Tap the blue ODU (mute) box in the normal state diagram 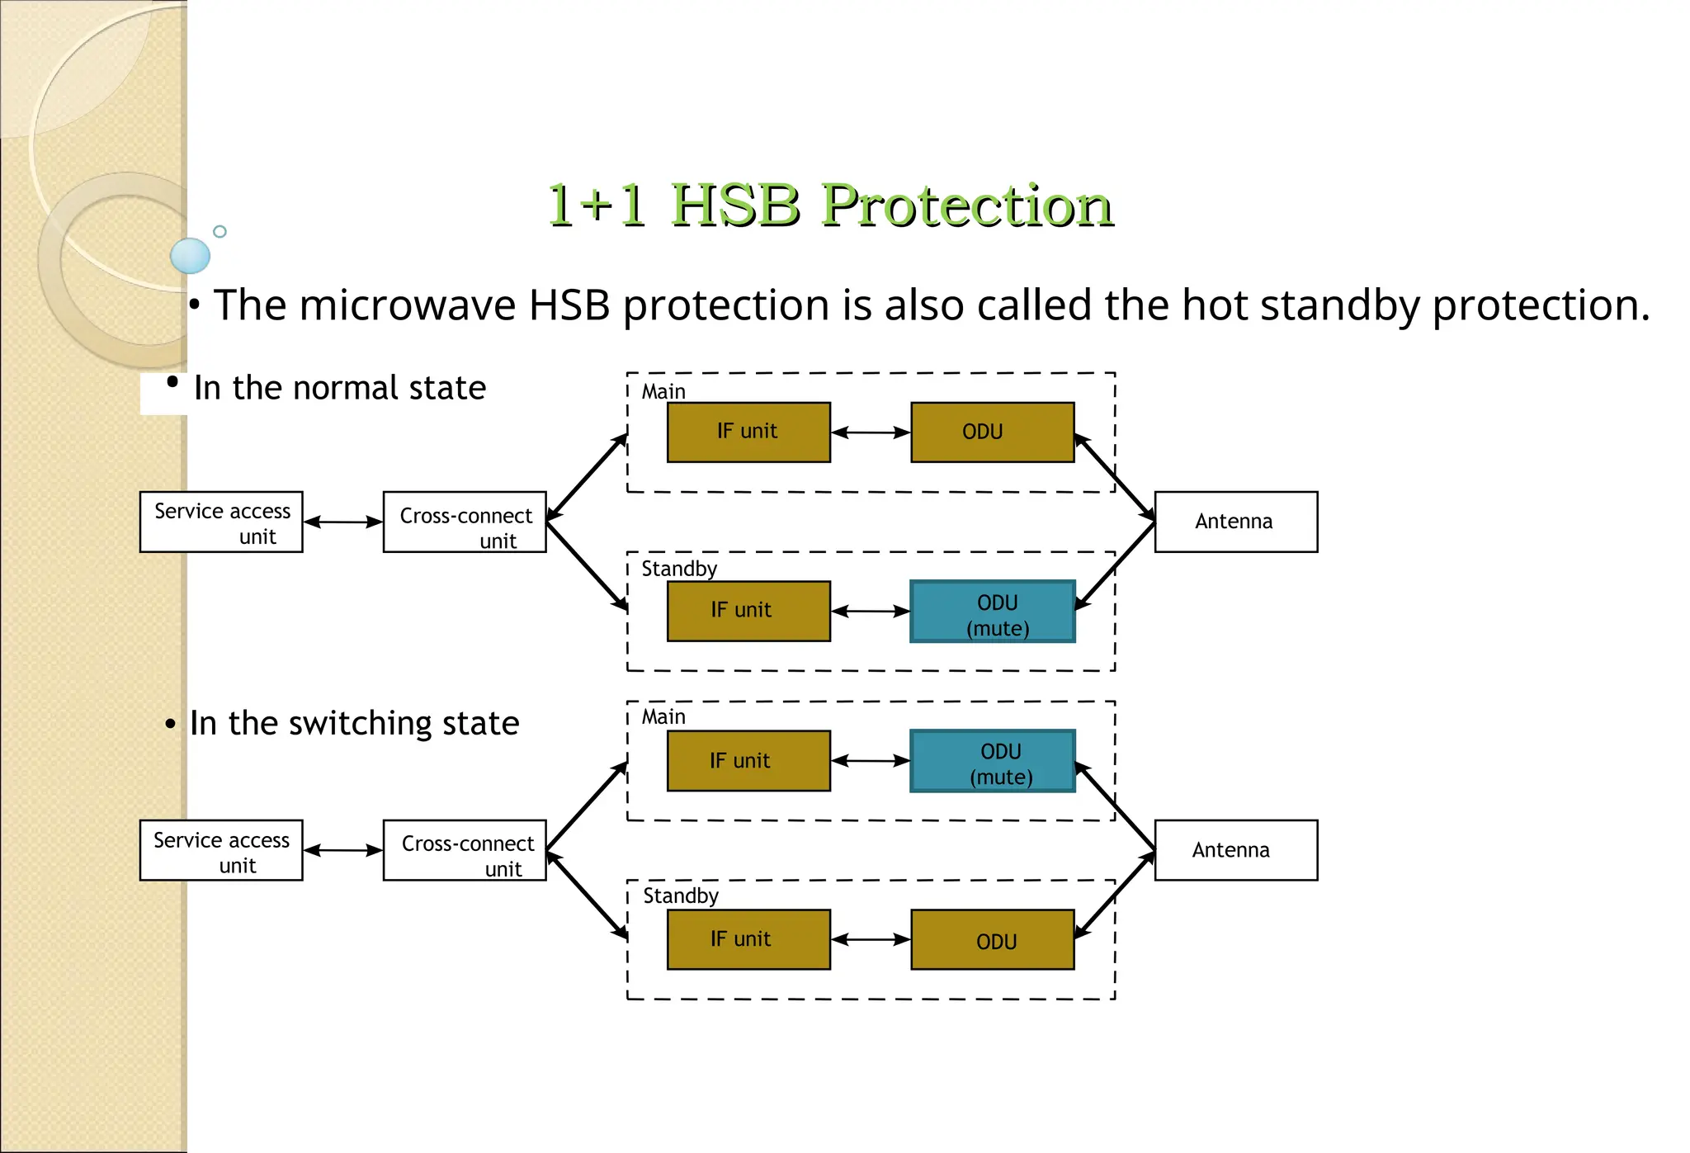993,612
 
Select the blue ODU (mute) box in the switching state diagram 993,761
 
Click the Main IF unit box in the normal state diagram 748,432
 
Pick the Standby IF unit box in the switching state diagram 748,939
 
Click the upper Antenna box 1235,522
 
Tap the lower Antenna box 1235,850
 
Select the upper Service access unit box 221,522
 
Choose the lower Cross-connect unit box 465,850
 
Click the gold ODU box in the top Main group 993,432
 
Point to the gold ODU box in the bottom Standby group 993,940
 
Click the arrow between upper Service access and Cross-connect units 343,522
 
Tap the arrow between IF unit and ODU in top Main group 871,432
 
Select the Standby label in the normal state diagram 679,569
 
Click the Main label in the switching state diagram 663,716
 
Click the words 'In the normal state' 340,388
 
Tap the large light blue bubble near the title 191,256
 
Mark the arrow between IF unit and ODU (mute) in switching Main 871,761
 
